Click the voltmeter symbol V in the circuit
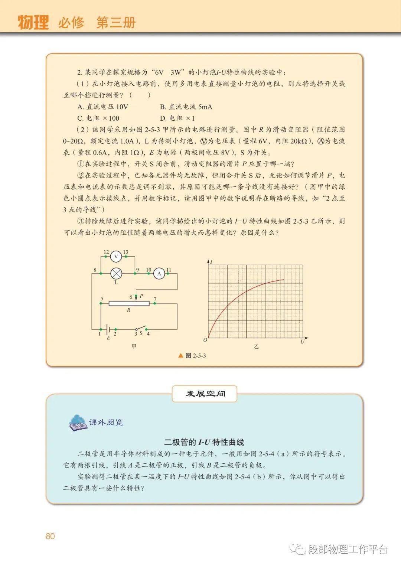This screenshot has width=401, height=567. pos(116,257)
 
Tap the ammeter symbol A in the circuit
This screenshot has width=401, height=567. pos(159,274)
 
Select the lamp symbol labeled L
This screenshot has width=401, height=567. pos(116,274)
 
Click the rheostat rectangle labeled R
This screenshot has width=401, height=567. pos(129,303)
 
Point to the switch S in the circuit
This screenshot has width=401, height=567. pos(141,329)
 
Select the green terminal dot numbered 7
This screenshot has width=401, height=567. pos(155,303)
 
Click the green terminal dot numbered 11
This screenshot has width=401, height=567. pos(167,274)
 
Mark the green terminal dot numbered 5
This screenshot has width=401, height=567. pos(101,303)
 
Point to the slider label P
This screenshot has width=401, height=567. pos(141,296)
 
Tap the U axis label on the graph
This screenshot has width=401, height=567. pos(302,341)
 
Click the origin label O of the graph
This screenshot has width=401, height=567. pos(205,340)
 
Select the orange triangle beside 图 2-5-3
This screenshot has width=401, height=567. pos(181,355)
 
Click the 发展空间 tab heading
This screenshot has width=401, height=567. pos(205,394)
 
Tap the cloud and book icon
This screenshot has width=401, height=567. pos(78,423)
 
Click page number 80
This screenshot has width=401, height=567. pos(50,536)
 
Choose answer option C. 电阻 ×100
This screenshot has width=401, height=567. pos(98,118)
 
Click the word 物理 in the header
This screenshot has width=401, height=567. pos(33,23)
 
